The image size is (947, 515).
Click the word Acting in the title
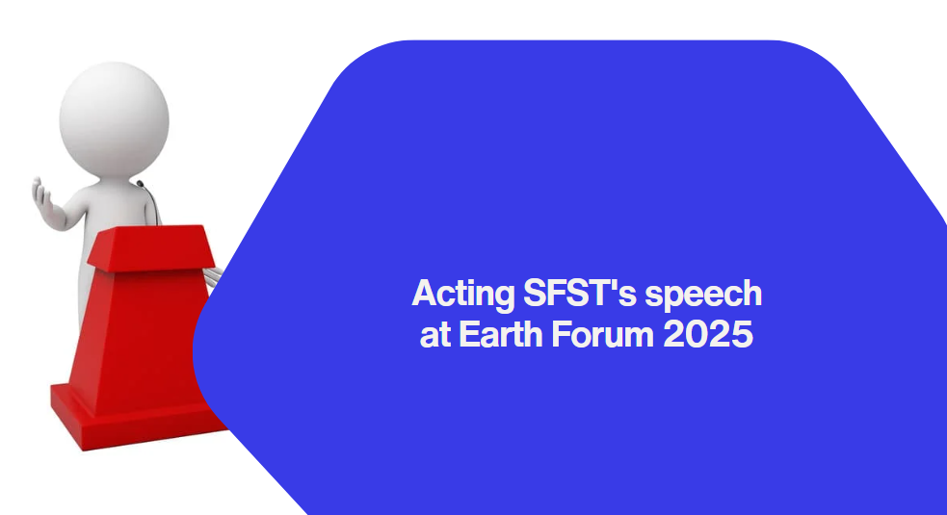pyautogui.click(x=462, y=295)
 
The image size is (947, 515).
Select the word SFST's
pyautogui.click(x=580, y=293)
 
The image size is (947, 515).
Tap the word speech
pyautogui.click(x=703, y=295)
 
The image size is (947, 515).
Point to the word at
pyautogui.click(x=434, y=335)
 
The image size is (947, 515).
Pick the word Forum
pyautogui.click(x=603, y=334)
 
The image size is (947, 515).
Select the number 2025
pyautogui.click(x=708, y=334)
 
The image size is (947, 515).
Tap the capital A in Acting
pyautogui.click(x=425, y=293)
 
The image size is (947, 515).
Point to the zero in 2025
pyautogui.click(x=697, y=334)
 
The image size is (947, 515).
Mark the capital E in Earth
pyautogui.click(x=469, y=333)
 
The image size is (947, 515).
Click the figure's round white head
pyautogui.click(x=114, y=119)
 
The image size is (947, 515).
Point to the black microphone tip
pyautogui.click(x=140, y=183)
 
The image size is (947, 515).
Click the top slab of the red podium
pyautogui.click(x=151, y=246)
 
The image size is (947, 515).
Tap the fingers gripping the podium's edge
pyautogui.click(x=212, y=276)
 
